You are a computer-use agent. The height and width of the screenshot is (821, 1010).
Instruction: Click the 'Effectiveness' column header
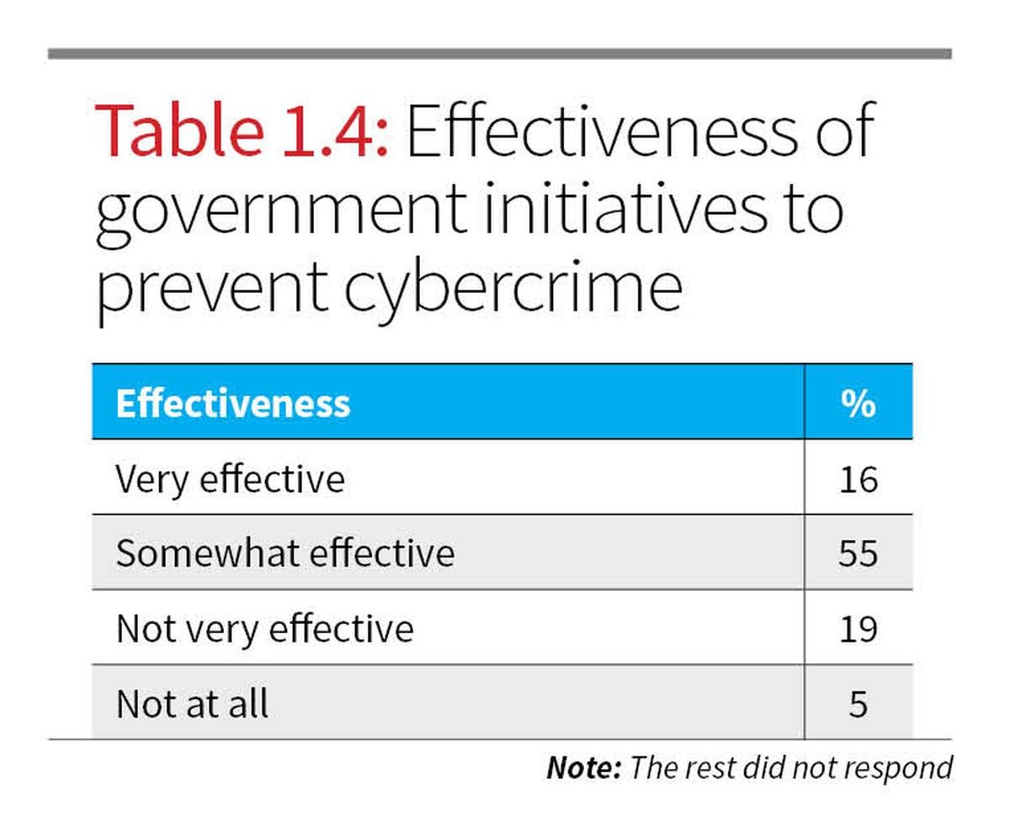tap(232, 403)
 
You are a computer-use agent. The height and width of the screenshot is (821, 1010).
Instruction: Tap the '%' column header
tap(858, 403)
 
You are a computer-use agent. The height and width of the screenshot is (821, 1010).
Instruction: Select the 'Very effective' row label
tap(230, 479)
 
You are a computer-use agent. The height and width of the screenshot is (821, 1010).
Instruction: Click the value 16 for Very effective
tap(858, 479)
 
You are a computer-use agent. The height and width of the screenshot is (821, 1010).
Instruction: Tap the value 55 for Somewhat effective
tap(858, 554)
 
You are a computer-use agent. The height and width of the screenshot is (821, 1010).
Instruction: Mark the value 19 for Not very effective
tap(858, 629)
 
